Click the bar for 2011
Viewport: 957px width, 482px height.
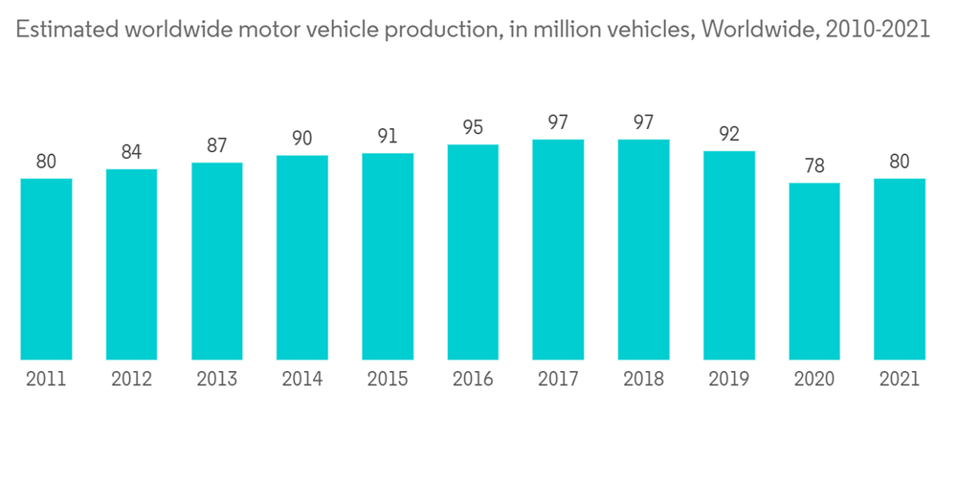pos(46,269)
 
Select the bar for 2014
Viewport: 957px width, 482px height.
pos(302,257)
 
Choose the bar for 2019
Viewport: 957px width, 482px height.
pos(729,255)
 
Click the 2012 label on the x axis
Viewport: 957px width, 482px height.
pos(131,379)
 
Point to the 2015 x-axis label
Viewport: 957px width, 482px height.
pos(388,379)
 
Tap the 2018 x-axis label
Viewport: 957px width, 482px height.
pos(644,379)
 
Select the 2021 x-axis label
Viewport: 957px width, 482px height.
pos(900,379)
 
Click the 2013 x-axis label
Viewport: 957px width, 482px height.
pos(217,379)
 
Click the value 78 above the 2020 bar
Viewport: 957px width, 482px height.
pos(814,166)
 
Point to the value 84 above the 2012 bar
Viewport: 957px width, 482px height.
pos(131,153)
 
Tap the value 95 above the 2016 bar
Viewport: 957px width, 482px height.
pos(473,128)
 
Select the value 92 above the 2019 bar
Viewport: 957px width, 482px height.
pos(729,134)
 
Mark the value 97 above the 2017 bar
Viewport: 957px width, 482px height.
pos(559,122)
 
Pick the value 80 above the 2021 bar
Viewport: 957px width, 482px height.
pos(900,162)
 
